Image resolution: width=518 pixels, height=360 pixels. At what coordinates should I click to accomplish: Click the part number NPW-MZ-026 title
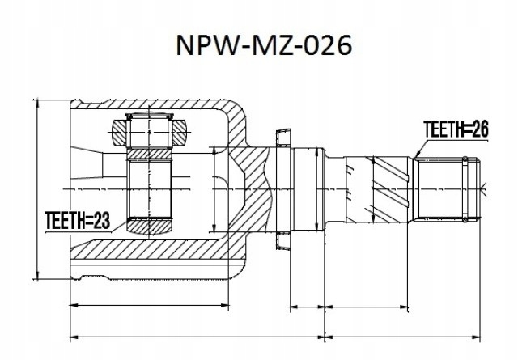click(x=264, y=45)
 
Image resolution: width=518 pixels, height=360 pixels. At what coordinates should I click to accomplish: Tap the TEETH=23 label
click(x=75, y=218)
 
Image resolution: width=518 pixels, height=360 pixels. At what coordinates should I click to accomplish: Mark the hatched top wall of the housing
click(x=162, y=108)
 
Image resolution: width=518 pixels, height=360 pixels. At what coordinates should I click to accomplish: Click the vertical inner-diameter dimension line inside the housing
click(x=214, y=188)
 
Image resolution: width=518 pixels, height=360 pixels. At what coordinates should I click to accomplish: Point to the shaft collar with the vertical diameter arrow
click(x=311, y=188)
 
